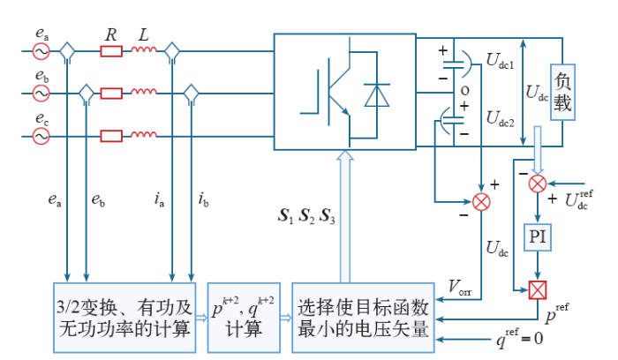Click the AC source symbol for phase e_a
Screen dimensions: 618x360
[41, 51]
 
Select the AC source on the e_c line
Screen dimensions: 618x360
[41, 137]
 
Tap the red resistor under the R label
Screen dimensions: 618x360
[111, 51]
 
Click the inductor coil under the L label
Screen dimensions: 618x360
[144, 49]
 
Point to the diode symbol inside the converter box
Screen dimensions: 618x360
[377, 95]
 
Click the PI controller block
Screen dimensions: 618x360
[538, 237]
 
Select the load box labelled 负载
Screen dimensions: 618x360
[562, 92]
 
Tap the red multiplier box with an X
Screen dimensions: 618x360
[538, 290]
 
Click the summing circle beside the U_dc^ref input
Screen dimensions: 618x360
[538, 184]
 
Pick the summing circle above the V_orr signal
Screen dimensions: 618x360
[481, 202]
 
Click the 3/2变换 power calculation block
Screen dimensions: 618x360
[124, 318]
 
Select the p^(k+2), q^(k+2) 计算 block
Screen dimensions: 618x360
[244, 318]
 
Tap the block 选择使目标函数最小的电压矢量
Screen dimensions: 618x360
[363, 318]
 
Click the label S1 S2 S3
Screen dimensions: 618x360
[306, 216]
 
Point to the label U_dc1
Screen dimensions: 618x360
[500, 61]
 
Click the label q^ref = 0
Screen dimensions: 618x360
[519, 338]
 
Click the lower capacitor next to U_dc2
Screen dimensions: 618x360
[452, 121]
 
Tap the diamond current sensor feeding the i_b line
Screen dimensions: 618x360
[192, 94]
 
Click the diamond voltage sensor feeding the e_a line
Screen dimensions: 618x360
[67, 52]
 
